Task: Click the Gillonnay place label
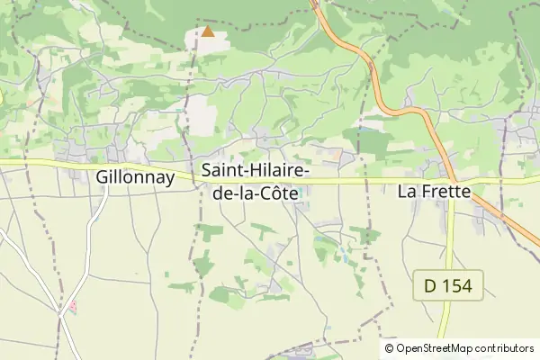[x=134, y=178]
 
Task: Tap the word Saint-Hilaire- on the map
[x=256, y=170]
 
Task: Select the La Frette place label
[x=434, y=191]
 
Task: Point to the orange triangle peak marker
[x=208, y=31]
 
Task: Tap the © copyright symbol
[x=389, y=347]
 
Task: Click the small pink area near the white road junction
[x=72, y=306]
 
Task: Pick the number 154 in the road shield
[x=462, y=287]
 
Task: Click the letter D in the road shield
[x=430, y=287]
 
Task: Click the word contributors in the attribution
[x=505, y=347]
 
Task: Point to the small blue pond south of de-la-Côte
[x=343, y=258]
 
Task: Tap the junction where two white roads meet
[x=61, y=314]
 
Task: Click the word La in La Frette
[x=407, y=191]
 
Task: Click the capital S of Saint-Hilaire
[x=207, y=170]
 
